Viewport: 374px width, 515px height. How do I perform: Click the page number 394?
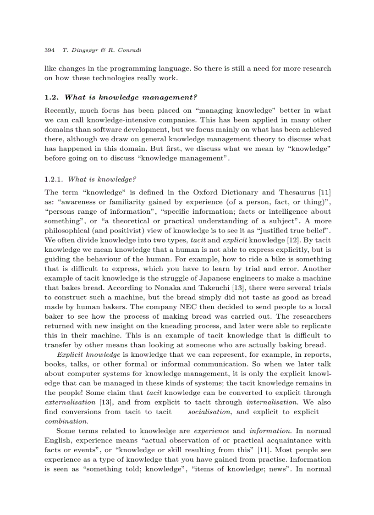pos(49,50)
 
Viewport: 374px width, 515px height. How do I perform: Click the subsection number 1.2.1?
pos(54,179)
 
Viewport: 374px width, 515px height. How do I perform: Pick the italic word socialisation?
pos(209,412)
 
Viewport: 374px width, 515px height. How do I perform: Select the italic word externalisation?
pos(70,402)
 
